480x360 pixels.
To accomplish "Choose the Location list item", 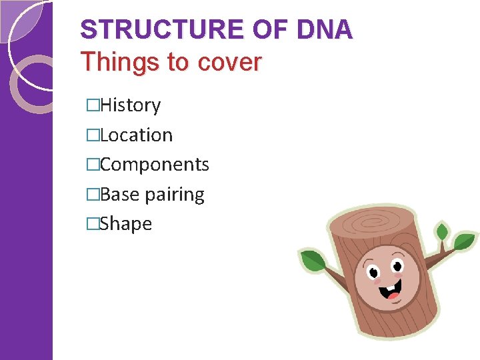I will coord(136,135).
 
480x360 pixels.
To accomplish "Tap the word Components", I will coord(154,165).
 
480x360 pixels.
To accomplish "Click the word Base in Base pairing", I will coord(120,194).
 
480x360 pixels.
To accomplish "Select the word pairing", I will coord(175,195).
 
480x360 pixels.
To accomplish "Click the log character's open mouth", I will coord(393,289).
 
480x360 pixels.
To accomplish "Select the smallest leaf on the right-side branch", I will coord(441,233).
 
